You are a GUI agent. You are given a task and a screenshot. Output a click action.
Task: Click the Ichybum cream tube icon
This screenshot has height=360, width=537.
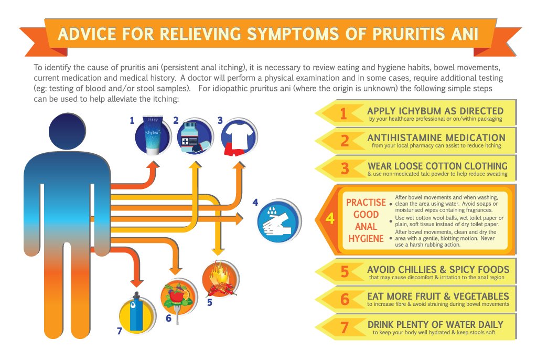pyautogui.click(x=153, y=136)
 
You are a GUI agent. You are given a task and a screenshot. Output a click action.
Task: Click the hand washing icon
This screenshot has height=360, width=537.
pyautogui.click(x=279, y=220)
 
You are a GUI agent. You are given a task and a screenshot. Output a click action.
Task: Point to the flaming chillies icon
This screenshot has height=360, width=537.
pyautogui.click(x=221, y=279)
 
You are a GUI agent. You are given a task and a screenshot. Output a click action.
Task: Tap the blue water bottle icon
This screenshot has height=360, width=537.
pyautogui.click(x=137, y=313)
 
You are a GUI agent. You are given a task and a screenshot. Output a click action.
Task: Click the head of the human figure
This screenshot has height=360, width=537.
pyautogui.click(x=67, y=131)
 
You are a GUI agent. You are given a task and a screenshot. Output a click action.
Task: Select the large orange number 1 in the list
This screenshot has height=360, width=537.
pyautogui.click(x=343, y=113)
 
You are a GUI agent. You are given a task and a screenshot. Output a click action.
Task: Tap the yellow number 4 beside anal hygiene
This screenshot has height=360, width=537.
pyautogui.click(x=330, y=218)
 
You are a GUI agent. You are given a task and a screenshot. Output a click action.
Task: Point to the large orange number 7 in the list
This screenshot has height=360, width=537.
pyautogui.click(x=345, y=327)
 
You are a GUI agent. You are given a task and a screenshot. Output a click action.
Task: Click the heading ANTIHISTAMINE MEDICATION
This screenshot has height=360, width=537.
pyautogui.click(x=436, y=137)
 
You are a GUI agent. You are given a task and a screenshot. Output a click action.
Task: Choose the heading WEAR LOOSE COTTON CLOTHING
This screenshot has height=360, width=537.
pyautogui.click(x=437, y=166)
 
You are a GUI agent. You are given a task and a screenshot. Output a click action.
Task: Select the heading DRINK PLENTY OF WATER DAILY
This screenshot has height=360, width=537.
pyautogui.click(x=435, y=324)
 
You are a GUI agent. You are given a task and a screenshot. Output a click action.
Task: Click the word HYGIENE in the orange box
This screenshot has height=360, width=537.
pyautogui.click(x=366, y=239)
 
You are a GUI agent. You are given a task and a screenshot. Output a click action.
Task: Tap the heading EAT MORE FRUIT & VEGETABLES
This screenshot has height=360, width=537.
pyautogui.click(x=438, y=296)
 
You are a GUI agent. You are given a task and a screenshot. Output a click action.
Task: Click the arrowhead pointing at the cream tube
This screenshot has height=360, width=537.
pyautogui.click(x=153, y=165)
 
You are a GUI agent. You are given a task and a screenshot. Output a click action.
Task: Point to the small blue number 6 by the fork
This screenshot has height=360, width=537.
pyautogui.click(x=168, y=318)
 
